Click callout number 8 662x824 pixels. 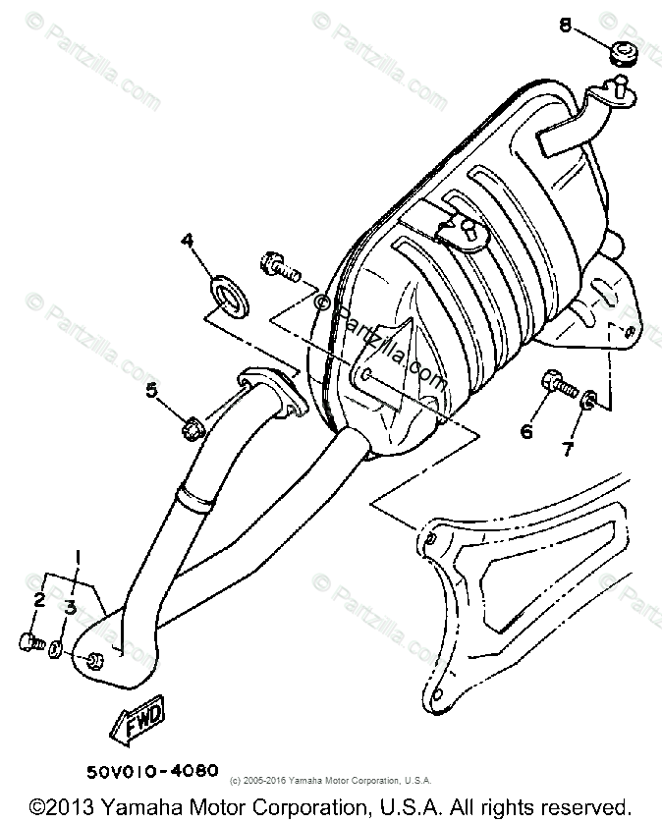point(566,26)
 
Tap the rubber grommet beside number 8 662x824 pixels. point(621,54)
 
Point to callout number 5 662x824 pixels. point(151,392)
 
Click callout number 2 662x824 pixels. point(40,600)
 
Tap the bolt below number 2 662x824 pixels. point(30,642)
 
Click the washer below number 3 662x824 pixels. point(61,648)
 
